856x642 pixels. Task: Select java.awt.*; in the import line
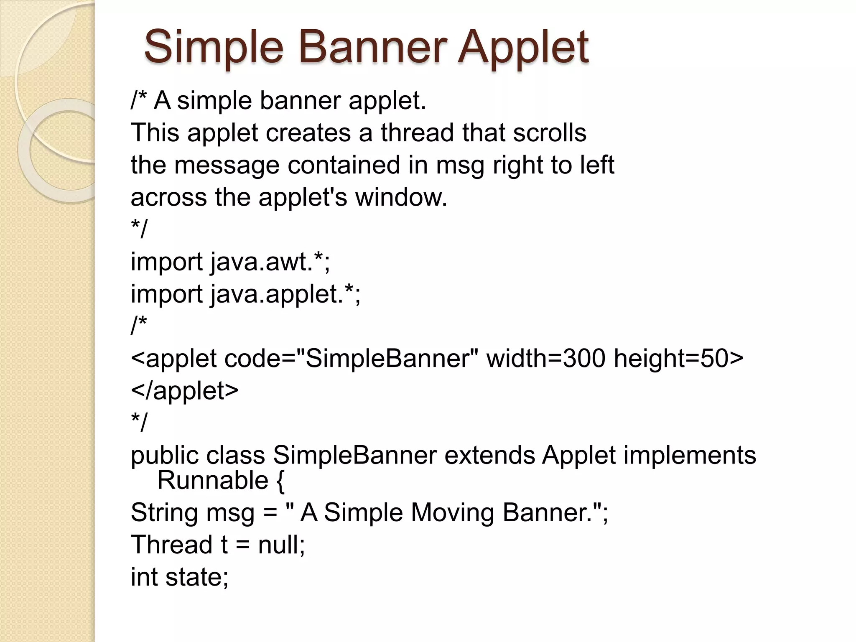click(x=270, y=262)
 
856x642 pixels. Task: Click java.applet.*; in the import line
click(x=285, y=294)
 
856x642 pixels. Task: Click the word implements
click(x=690, y=456)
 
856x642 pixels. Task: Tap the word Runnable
click(x=213, y=480)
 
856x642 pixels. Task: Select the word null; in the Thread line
click(x=282, y=545)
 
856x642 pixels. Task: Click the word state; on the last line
click(x=197, y=577)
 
